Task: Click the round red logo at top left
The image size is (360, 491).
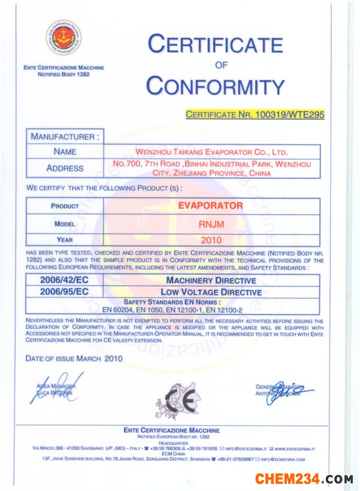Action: [63, 38]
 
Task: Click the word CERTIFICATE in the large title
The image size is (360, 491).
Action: [215, 44]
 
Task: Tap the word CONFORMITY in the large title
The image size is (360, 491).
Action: [215, 86]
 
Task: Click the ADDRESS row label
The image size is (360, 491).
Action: [65, 168]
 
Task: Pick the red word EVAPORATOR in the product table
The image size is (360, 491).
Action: [211, 205]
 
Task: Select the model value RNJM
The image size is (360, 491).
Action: [211, 224]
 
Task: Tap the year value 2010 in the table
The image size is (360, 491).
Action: [211, 239]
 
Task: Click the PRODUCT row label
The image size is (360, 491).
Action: [65, 206]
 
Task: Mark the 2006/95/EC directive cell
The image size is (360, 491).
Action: [65, 292]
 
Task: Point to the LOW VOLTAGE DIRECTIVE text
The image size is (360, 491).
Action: [211, 292]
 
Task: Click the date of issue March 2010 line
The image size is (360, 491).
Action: [74, 358]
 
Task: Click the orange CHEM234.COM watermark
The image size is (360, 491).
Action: [304, 479]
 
